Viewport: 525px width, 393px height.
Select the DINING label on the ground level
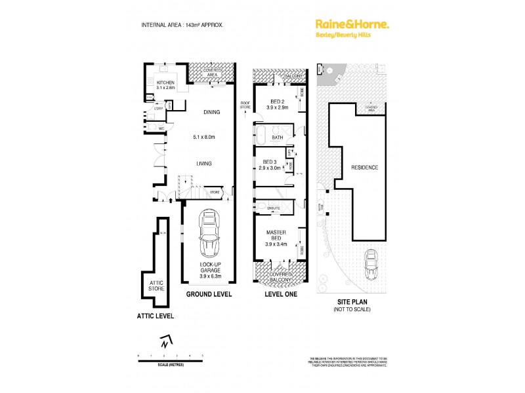click(x=211, y=112)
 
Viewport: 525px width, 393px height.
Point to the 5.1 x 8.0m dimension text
click(x=205, y=137)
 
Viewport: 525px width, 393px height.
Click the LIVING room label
click(x=204, y=163)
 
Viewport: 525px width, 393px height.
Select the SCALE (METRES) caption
click(x=170, y=363)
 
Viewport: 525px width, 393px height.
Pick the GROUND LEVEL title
click(x=209, y=295)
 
